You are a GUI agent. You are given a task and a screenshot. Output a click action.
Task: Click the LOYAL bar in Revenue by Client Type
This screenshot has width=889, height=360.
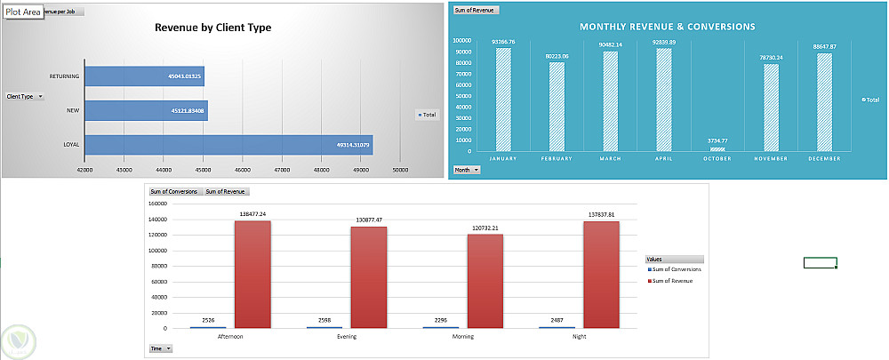(228, 144)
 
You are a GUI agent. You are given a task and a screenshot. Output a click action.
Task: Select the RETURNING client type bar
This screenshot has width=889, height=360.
(145, 76)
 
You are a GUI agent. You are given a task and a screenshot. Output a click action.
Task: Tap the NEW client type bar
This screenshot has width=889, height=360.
(146, 111)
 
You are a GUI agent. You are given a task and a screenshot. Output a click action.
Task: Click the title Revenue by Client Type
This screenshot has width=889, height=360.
(213, 28)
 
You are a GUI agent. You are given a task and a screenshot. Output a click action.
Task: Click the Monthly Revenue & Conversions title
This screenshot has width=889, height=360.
(668, 27)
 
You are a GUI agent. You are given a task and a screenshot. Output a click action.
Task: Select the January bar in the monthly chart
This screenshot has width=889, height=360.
(503, 100)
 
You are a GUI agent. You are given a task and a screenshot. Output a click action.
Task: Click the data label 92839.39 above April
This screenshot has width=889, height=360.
(665, 42)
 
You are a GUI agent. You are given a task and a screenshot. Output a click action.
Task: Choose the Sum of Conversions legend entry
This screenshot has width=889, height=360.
(678, 268)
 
